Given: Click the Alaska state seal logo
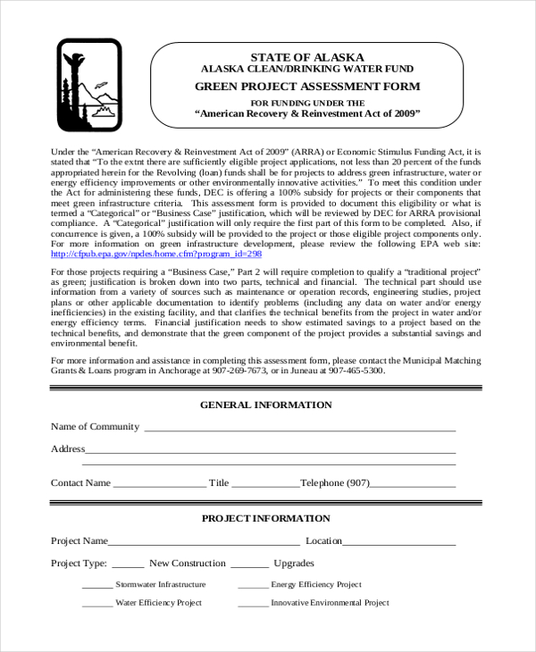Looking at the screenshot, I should [x=89, y=86].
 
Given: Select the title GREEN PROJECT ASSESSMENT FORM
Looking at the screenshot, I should [x=306, y=87].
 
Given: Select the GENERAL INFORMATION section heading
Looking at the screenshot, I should [x=265, y=405].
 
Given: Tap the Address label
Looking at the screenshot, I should [x=68, y=448].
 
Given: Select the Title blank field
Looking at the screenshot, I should [x=265, y=485].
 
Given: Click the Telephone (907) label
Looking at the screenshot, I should [x=335, y=483].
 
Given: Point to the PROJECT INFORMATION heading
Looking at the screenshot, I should [x=265, y=518].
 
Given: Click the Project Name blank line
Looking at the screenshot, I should [x=204, y=543].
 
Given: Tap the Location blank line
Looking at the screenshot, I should [x=399, y=543].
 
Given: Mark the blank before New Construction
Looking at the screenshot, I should [x=128, y=565].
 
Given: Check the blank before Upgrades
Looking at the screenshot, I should [x=249, y=565].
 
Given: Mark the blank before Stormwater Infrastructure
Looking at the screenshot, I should [x=96, y=587].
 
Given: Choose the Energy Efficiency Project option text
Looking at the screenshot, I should [x=316, y=585].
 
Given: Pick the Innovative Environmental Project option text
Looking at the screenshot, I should [x=330, y=603].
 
